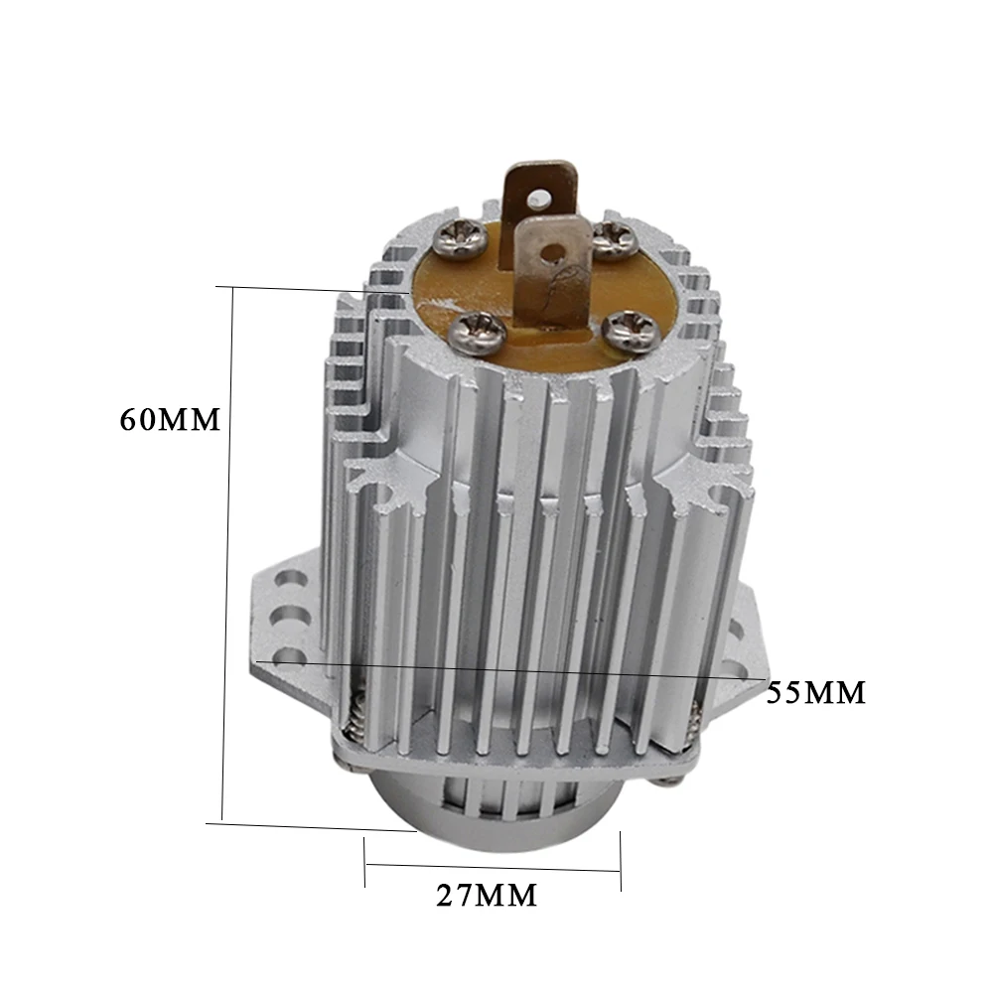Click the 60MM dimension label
[170, 419]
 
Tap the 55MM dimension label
[815, 693]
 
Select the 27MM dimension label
[487, 896]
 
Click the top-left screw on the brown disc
[461, 237]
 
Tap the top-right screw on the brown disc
[615, 240]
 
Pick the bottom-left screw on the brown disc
[477, 332]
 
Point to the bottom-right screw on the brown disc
[631, 332]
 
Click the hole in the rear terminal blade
[539, 200]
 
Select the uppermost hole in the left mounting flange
[292, 580]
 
